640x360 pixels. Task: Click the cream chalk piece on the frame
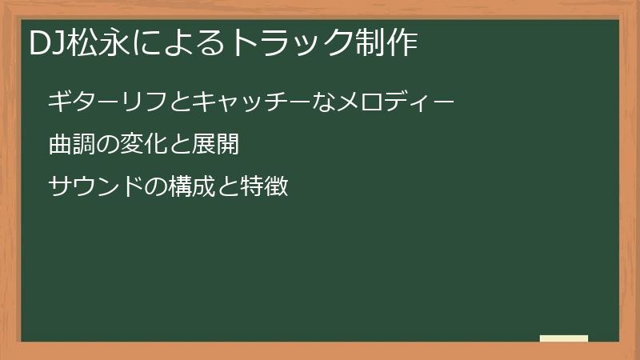coord(564,338)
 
